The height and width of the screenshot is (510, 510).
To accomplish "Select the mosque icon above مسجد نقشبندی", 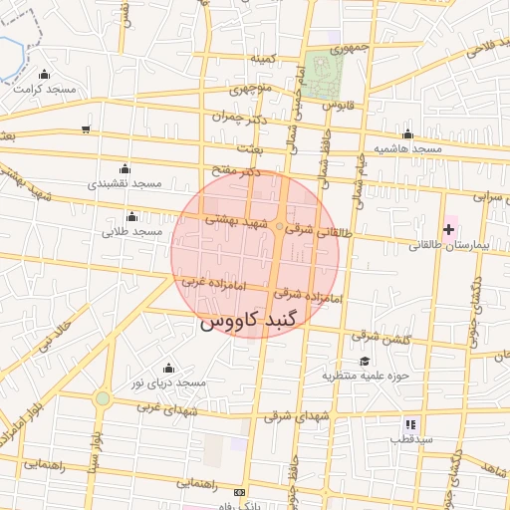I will click(x=124, y=168).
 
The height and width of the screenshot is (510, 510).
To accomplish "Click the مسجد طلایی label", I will click(x=131, y=231).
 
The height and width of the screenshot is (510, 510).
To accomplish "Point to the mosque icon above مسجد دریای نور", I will click(x=167, y=368).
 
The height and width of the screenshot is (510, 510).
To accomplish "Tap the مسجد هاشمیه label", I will click(x=407, y=148).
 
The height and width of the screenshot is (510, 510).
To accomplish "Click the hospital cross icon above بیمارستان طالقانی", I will click(x=448, y=229).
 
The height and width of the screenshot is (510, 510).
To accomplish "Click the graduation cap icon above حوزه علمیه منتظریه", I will click(x=365, y=361).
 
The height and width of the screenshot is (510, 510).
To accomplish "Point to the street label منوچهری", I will click(x=251, y=89).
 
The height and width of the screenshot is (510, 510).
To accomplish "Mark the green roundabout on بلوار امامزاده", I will click(x=102, y=398).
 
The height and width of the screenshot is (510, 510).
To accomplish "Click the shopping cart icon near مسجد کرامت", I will click(x=86, y=128).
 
